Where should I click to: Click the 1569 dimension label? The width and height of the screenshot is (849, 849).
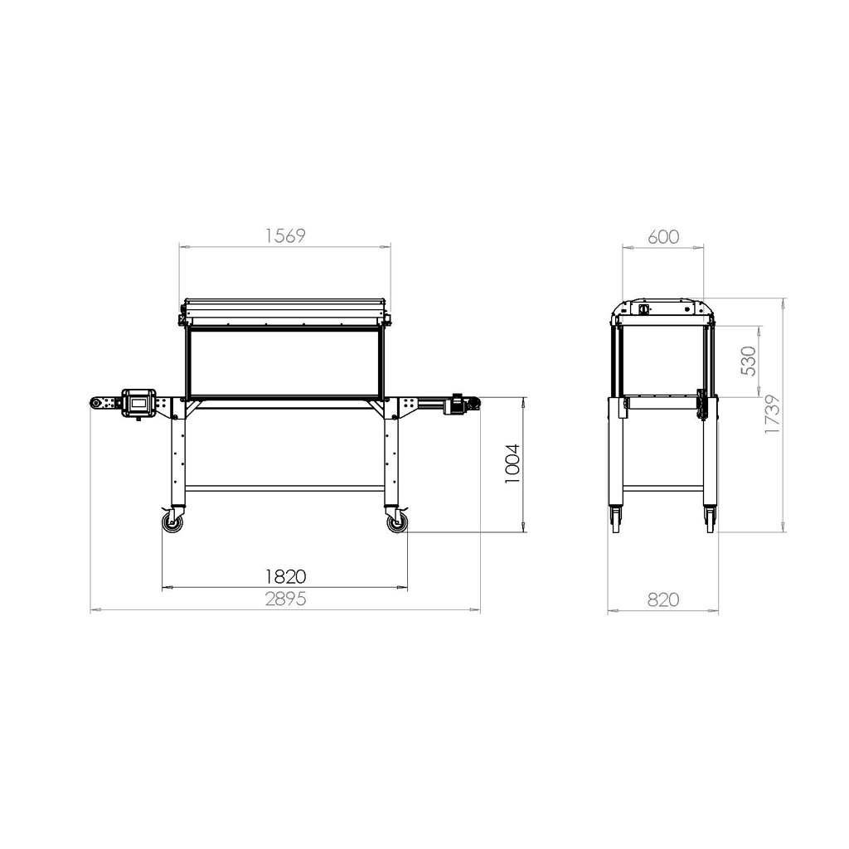click(x=285, y=235)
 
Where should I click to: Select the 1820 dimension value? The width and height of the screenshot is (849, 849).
click(x=285, y=576)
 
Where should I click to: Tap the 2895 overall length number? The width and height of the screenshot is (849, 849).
click(x=285, y=599)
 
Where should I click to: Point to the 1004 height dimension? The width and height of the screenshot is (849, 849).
click(x=512, y=463)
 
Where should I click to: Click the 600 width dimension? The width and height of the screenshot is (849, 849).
click(x=662, y=236)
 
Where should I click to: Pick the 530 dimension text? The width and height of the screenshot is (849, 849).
click(x=749, y=361)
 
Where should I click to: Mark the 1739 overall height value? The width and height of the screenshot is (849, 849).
click(x=772, y=414)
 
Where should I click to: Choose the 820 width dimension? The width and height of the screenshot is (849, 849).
click(x=662, y=599)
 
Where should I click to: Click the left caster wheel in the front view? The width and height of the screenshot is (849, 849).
click(x=172, y=522)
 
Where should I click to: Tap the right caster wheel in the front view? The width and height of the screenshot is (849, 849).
click(x=397, y=522)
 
